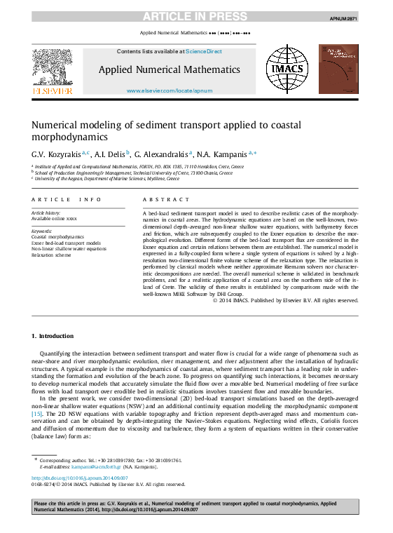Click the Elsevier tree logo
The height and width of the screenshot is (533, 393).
point(53,69)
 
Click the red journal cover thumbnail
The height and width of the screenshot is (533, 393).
point(339,69)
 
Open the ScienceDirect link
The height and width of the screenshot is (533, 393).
point(204,51)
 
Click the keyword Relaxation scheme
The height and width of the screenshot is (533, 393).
point(51,255)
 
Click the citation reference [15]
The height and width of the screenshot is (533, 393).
point(37,414)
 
